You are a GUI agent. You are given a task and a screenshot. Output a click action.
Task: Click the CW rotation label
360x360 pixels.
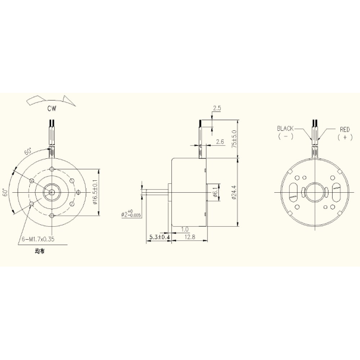pyautogui.click(x=52, y=108)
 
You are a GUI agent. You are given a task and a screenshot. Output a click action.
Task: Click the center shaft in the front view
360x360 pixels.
pyautogui.click(x=52, y=192)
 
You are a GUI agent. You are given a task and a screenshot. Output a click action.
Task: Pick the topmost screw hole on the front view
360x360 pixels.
pyautogui.click(x=52, y=170)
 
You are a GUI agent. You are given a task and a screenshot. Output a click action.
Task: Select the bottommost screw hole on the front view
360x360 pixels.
pyautogui.click(x=52, y=215)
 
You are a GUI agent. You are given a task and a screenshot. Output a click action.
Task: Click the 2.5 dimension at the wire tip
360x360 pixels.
pyautogui.click(x=217, y=109)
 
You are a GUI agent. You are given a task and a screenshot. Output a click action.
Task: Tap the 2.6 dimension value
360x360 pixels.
pyautogui.click(x=220, y=142)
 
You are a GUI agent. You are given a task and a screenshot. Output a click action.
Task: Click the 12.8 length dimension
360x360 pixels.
pyautogui.click(x=190, y=237)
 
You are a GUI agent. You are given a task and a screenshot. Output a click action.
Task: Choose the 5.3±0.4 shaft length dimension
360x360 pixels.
pyautogui.click(x=159, y=237)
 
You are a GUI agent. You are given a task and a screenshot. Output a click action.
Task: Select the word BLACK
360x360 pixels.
pyautogui.click(x=286, y=129)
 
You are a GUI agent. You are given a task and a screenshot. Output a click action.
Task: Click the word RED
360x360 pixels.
pyautogui.click(x=345, y=129)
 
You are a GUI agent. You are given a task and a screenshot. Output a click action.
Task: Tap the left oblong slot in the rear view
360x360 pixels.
pyautogui.click(x=293, y=192)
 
